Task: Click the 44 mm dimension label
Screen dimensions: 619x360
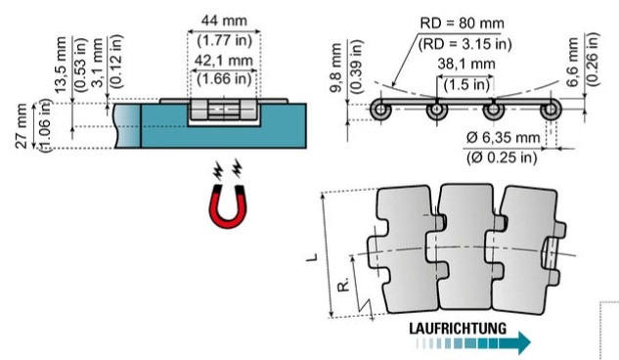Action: [224, 21]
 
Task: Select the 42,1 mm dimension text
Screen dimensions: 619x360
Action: [223, 61]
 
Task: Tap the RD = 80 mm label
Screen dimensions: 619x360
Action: [462, 22]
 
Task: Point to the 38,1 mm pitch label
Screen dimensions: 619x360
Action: [466, 64]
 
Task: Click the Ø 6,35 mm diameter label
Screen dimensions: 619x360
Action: [503, 138]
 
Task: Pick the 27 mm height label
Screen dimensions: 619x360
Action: [22, 126]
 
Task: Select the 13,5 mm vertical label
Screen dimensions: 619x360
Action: [61, 66]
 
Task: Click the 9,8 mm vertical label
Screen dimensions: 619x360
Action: [336, 67]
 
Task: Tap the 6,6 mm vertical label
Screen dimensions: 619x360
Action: [573, 62]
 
